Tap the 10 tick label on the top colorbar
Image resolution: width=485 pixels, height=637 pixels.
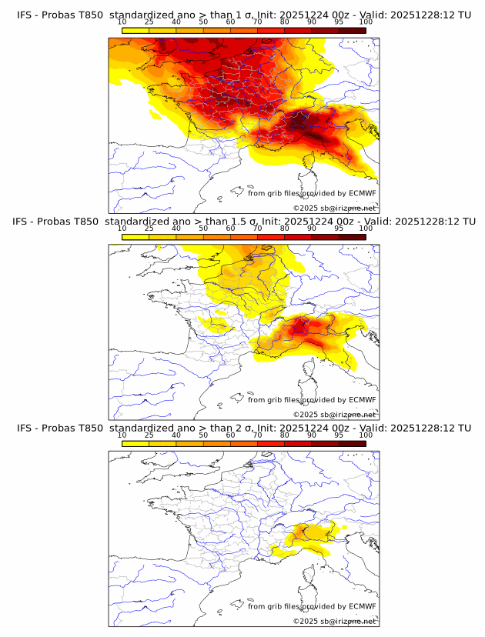click(x=122, y=22)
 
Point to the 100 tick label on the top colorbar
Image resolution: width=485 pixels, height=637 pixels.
click(x=366, y=22)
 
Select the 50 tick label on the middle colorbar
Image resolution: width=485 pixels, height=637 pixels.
click(x=203, y=228)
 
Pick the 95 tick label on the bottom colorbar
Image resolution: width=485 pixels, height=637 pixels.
click(x=339, y=435)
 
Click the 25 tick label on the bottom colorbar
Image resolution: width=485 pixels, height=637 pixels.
click(x=149, y=435)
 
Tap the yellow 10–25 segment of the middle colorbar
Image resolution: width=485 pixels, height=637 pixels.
click(x=135, y=236)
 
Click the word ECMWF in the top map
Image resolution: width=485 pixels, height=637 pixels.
click(x=362, y=193)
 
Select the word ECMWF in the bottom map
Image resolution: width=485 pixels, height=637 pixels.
click(x=362, y=606)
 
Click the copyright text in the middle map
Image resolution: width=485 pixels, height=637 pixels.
click(x=334, y=415)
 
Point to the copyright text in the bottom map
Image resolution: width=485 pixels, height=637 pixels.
click(x=334, y=621)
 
